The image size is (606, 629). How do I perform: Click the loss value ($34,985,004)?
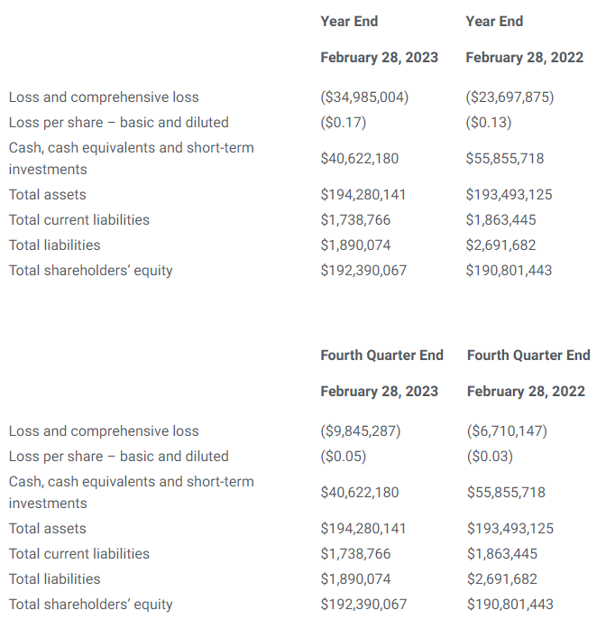click(364, 97)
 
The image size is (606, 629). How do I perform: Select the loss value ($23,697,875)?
click(510, 97)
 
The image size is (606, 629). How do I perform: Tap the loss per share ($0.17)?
click(344, 122)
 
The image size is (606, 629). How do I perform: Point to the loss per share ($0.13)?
click(489, 122)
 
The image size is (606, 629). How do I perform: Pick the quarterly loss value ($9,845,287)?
click(361, 430)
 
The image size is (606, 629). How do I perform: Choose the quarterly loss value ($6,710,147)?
click(507, 430)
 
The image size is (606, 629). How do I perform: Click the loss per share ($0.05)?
click(344, 456)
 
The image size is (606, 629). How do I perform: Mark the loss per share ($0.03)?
click(490, 456)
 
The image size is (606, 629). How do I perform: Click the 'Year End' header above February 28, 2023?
click(349, 21)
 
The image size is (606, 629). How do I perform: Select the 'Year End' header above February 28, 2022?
click(494, 21)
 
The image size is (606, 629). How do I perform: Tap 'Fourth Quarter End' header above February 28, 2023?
click(381, 355)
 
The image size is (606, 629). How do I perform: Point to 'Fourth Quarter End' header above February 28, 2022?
click(528, 355)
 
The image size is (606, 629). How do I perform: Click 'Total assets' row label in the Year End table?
click(48, 194)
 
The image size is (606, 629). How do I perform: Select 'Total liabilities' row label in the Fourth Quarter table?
click(55, 578)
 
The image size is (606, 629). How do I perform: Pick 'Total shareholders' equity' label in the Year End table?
click(90, 270)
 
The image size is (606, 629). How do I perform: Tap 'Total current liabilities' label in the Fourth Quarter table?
click(79, 553)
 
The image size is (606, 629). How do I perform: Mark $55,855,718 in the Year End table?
click(505, 158)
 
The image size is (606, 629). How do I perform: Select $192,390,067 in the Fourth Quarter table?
click(363, 604)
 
